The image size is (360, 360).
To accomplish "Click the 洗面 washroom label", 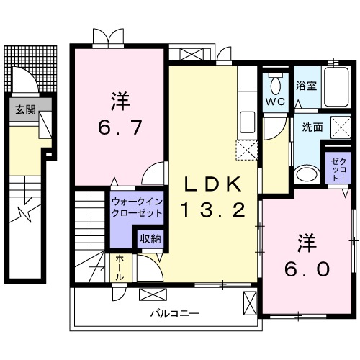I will click(312, 127).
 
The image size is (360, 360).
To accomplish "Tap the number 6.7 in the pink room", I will click(120, 130).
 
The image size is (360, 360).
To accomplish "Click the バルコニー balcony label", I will click(174, 313).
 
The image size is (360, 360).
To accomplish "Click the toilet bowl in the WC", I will click(274, 86).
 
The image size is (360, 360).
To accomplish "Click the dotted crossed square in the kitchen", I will click(246, 149).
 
